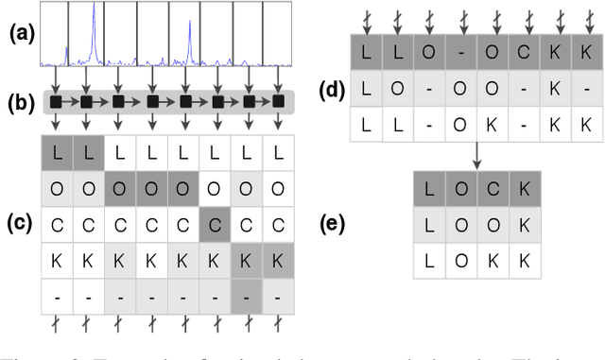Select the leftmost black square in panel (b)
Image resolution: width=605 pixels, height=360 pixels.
[x=56, y=100]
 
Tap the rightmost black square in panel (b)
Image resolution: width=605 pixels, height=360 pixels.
[x=279, y=100]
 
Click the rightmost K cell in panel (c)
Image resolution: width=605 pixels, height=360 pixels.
[x=278, y=259]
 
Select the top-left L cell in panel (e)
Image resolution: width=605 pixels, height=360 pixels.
[x=429, y=189]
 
